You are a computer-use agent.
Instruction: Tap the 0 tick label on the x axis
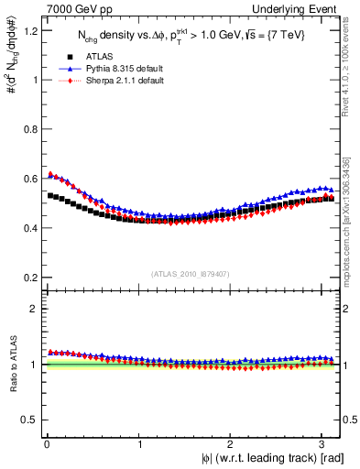tap(47, 444)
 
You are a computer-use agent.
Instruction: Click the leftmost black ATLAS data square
tap(51, 195)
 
